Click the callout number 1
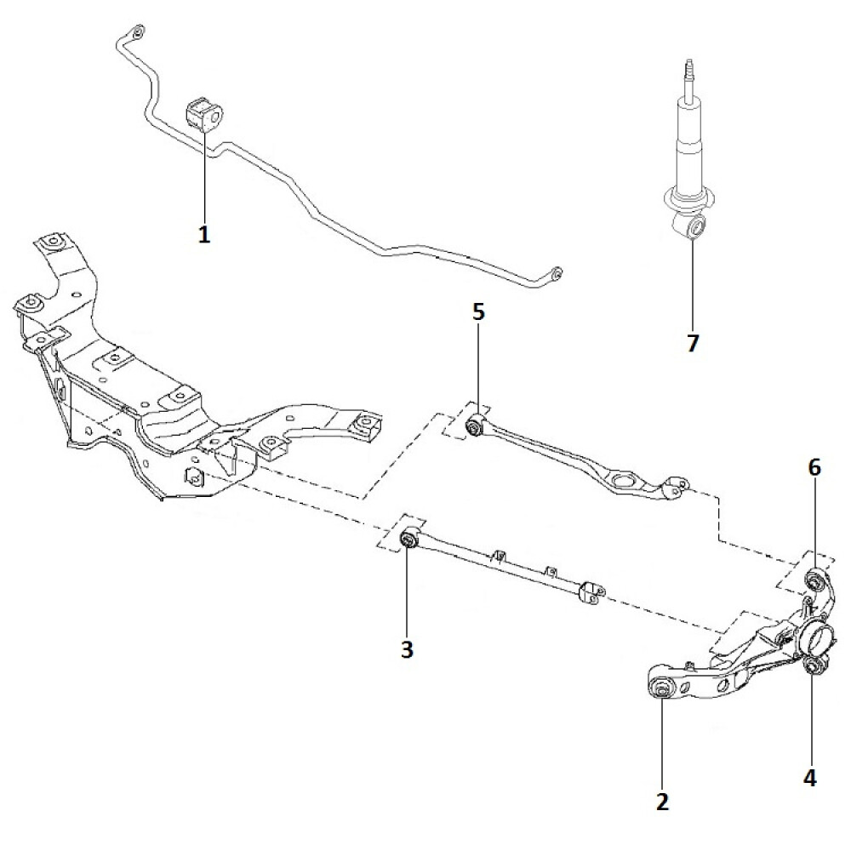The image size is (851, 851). pos(204,235)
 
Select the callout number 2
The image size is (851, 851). pos(662,802)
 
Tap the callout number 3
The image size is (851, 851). pos(407,648)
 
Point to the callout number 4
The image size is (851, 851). pos(809,779)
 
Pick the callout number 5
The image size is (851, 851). pos(477,312)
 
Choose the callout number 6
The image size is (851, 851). pos(814,467)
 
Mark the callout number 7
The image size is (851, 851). pos(693,342)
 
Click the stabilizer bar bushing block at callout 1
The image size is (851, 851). pos(204,113)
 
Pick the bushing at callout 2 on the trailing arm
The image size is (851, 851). pos(662,689)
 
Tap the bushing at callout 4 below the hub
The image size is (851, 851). pos(812,665)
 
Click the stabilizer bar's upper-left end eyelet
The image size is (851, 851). pos(137,32)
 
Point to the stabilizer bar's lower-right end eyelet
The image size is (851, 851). pos(556,274)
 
